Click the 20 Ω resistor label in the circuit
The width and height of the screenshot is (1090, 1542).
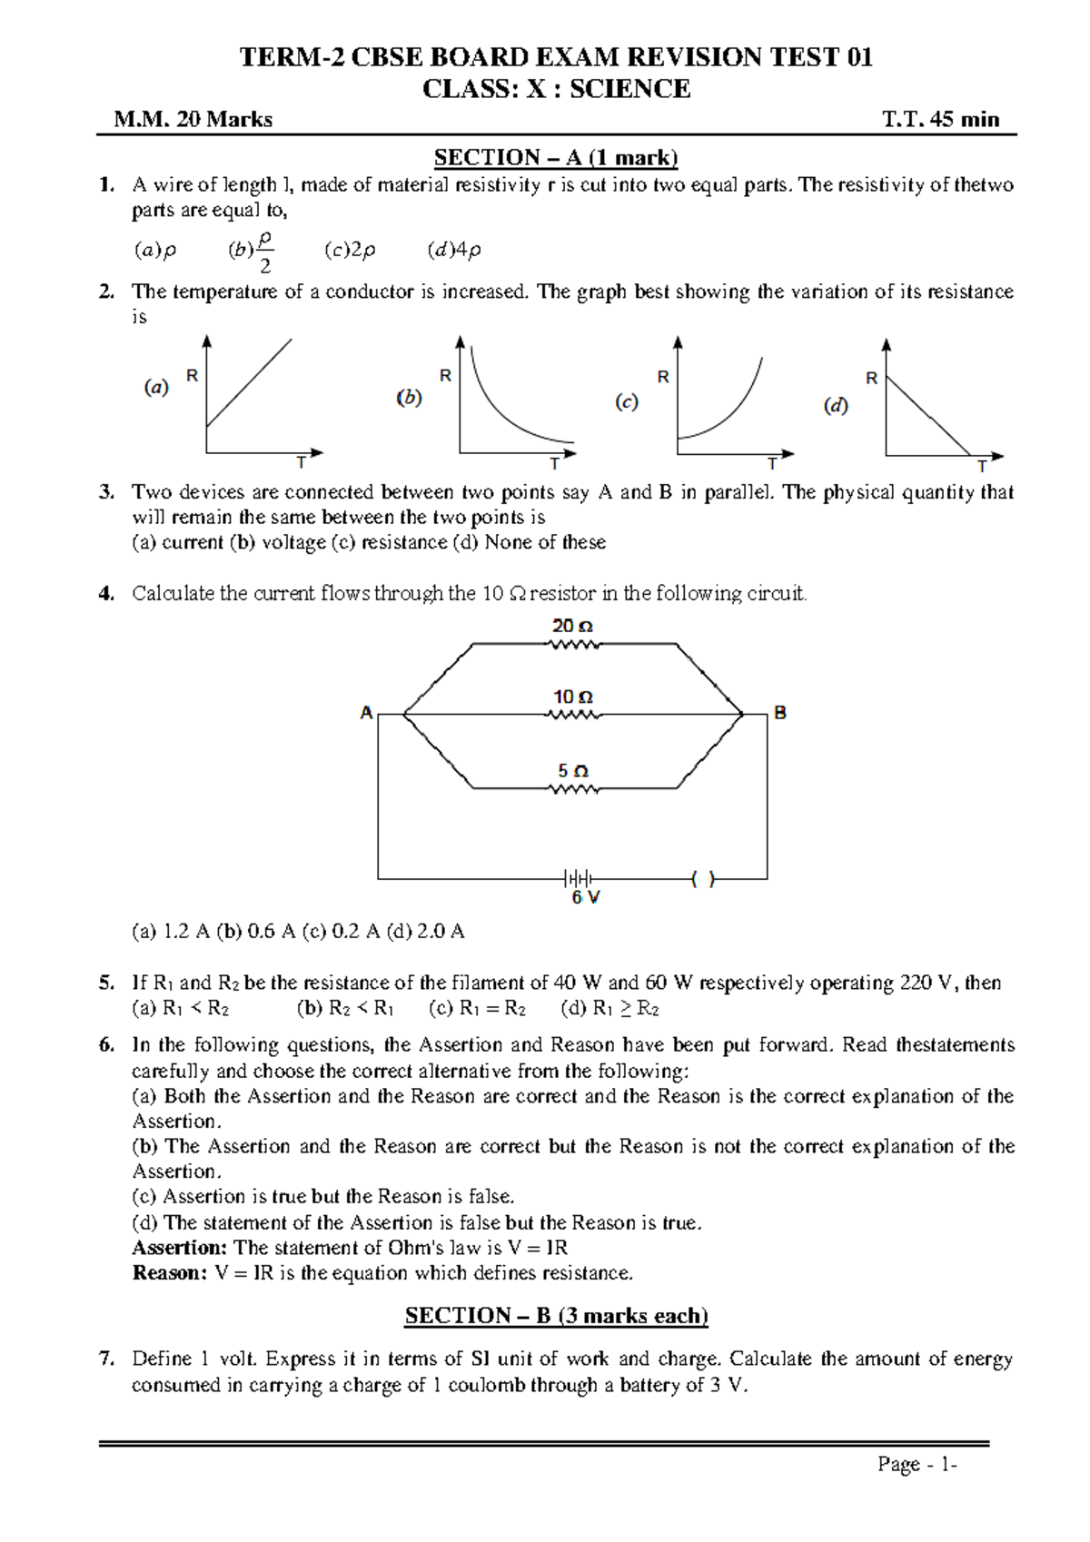(x=572, y=627)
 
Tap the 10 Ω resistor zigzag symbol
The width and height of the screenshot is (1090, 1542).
(x=573, y=716)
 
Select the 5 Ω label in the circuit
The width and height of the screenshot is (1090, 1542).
(x=572, y=771)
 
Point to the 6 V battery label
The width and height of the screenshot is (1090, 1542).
(x=586, y=897)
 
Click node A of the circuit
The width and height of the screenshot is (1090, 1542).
(x=367, y=713)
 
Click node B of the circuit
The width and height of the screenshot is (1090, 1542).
(x=779, y=713)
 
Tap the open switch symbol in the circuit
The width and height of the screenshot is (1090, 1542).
(x=702, y=879)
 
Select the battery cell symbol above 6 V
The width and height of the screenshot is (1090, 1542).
(x=578, y=878)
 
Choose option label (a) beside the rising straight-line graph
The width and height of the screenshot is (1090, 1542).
(x=156, y=388)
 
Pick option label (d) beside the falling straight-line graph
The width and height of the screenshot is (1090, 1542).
(x=836, y=406)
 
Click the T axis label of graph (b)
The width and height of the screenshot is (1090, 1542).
(x=554, y=464)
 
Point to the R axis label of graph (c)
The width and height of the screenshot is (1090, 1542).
(x=663, y=376)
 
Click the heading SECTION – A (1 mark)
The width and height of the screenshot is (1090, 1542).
(x=556, y=158)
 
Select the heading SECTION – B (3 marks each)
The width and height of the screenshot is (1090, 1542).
(x=556, y=1316)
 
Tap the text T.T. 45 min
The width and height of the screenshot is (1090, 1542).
(x=940, y=119)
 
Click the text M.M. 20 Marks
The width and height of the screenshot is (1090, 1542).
(x=193, y=119)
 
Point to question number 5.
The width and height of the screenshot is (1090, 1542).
(x=106, y=983)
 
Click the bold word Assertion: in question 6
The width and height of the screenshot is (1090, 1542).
(x=179, y=1248)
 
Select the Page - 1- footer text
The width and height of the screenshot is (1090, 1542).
(x=917, y=1465)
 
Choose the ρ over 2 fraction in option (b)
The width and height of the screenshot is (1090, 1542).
(x=264, y=252)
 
